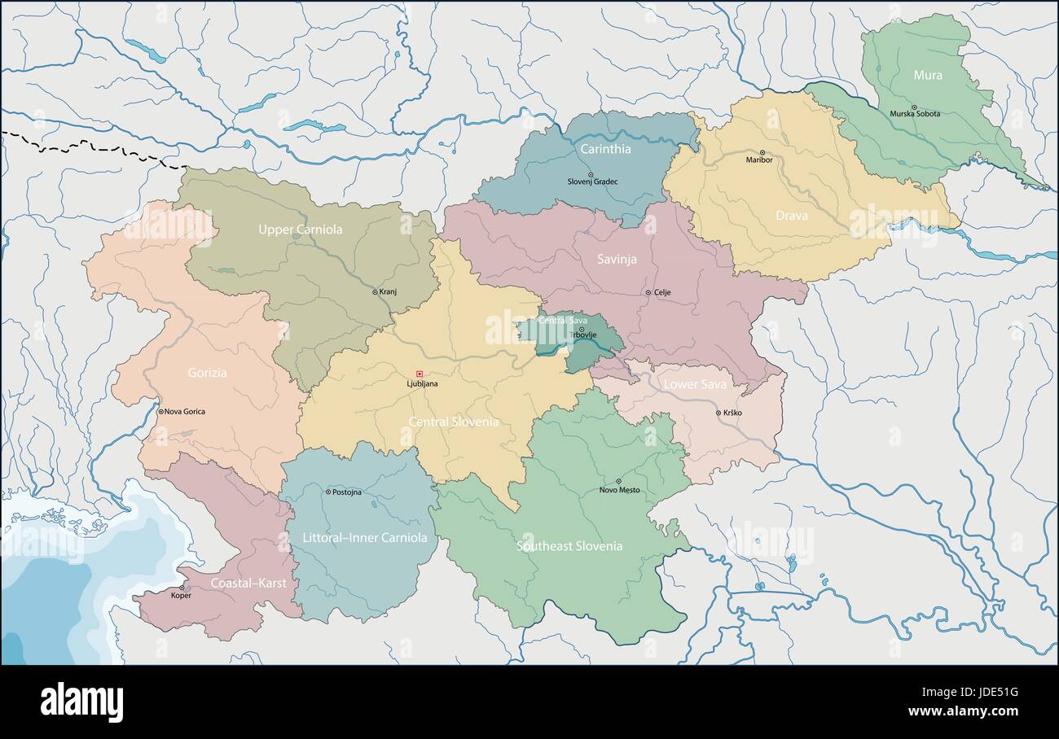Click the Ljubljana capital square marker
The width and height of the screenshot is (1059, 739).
(420, 374)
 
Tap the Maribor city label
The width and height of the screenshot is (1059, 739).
(758, 160)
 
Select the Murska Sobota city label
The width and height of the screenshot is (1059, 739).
(915, 114)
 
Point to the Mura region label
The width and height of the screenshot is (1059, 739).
(927, 76)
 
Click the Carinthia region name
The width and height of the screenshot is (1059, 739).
(605, 149)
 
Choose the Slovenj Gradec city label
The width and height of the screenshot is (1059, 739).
(592, 181)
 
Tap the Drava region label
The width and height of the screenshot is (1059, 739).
(791, 216)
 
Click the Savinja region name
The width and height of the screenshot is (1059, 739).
(617, 260)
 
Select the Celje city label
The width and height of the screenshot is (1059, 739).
(662, 292)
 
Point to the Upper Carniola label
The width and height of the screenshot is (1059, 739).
(300, 230)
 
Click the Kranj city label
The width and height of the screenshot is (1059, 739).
(388, 291)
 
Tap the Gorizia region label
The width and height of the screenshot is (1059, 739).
(207, 373)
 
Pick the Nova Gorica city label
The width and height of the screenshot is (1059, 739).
(185, 412)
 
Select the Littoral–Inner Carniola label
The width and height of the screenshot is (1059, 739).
(364, 537)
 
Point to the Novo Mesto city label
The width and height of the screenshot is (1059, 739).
(619, 490)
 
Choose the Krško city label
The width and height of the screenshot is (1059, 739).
(732, 413)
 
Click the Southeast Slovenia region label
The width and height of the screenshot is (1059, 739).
(569, 546)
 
